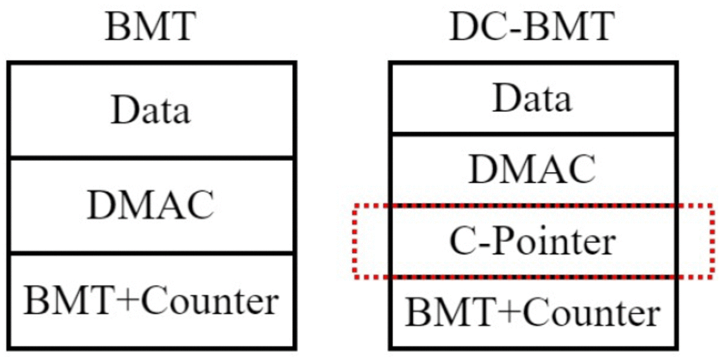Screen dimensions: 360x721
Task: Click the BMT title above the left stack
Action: coord(150,27)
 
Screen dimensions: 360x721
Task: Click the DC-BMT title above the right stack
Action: coord(532,27)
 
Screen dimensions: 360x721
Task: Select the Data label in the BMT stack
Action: coord(150,110)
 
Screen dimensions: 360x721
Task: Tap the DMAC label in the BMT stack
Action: coord(150,205)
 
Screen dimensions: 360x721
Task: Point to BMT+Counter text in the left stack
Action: coord(150,301)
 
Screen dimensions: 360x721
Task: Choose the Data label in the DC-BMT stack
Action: coord(532,98)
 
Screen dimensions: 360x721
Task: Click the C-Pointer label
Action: coord(532,242)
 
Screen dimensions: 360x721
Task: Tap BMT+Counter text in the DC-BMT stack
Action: coord(532,313)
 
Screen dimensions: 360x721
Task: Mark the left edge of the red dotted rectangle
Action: coord(354,241)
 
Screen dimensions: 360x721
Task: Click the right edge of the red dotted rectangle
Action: coord(712,241)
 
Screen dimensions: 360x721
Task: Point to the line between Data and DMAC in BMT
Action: coord(151,158)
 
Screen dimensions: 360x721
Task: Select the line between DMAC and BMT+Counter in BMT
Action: coord(151,253)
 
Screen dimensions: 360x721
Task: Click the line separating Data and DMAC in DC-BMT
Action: coord(533,134)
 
